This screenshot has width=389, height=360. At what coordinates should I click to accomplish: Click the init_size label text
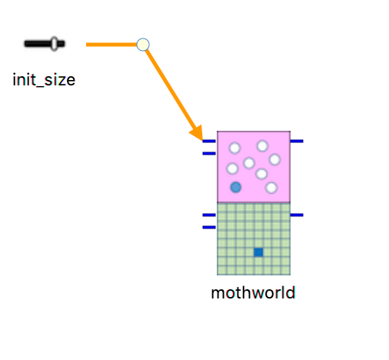pos(44,80)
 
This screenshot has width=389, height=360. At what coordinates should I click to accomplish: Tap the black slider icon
pos(45,44)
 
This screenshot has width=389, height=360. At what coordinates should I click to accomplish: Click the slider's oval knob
pos(54,44)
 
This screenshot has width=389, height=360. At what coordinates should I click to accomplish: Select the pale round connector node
pos(143,45)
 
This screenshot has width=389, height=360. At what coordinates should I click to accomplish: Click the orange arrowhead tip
pos(203,141)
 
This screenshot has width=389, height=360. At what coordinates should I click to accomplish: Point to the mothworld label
pos(253,293)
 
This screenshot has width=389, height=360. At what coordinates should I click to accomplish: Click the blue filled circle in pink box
pos(236,187)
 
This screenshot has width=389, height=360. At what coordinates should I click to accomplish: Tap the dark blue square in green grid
pos(258,252)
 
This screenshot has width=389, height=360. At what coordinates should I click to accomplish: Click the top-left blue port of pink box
pos(209,141)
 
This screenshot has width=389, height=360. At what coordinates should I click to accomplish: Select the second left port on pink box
pos(209,154)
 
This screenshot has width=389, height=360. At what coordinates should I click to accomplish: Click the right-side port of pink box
pos(297,141)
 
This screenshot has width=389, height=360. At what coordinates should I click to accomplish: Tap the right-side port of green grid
pos(297,215)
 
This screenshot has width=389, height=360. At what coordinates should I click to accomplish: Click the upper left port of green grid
pos(209,215)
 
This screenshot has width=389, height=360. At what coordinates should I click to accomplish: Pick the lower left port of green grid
pos(209,227)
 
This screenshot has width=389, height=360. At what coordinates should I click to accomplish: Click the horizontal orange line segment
pos(111,45)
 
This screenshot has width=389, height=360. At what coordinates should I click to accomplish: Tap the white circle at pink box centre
pos(249,163)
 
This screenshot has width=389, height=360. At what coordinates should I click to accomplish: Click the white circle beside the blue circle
pos(271,188)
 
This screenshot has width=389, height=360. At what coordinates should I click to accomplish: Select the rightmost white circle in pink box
pos(274,159)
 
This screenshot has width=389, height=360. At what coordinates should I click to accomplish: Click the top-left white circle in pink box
pos(234,148)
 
